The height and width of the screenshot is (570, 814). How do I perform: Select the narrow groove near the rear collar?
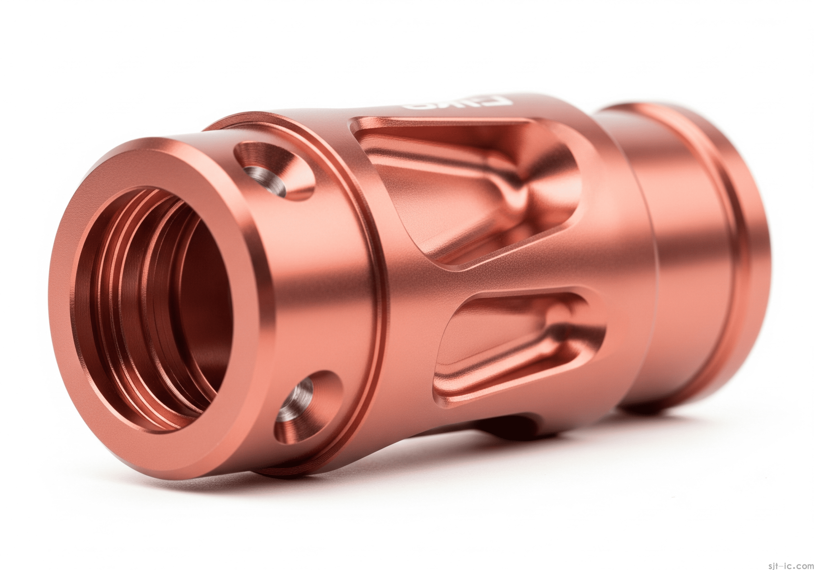[x=672, y=246]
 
